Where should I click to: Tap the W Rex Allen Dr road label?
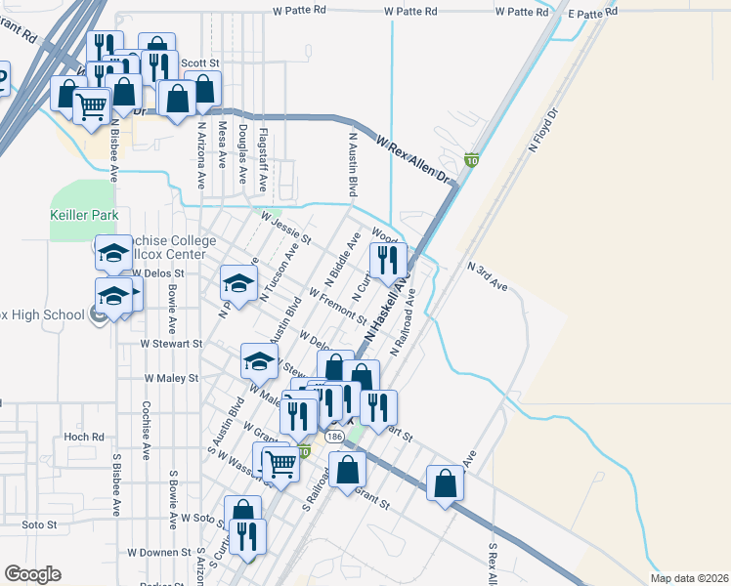coord(416,162)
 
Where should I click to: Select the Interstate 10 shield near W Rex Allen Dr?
coord(471,160)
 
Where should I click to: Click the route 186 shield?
coord(335,437)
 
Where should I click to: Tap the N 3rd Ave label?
coord(488,275)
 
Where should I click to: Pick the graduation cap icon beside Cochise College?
coord(113,253)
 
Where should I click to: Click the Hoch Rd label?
coord(83,438)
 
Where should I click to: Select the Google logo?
coord(32,574)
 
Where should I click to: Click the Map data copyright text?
coord(688,578)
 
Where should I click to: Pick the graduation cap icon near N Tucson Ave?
coord(236,283)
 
